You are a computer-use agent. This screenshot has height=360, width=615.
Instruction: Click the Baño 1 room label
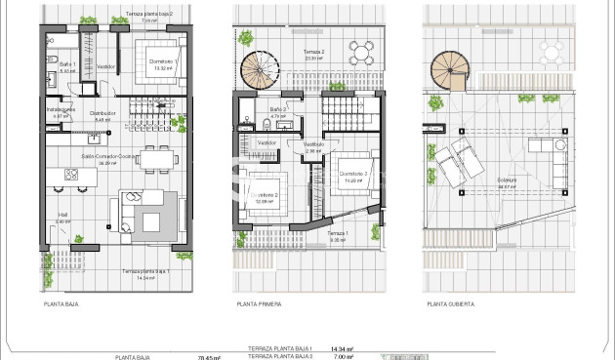(x=67, y=63)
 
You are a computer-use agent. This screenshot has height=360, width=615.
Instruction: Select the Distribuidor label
(x=103, y=113)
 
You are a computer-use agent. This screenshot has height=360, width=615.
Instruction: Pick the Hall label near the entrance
(x=62, y=216)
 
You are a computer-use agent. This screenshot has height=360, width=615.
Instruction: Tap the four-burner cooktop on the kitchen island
(x=71, y=174)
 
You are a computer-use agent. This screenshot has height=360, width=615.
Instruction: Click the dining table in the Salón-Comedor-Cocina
(x=154, y=157)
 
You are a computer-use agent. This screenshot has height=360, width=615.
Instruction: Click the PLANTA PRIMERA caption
(x=259, y=304)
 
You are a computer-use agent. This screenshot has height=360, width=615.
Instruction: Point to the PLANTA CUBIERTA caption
(x=451, y=304)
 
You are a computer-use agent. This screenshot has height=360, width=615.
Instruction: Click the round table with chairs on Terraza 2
(x=362, y=53)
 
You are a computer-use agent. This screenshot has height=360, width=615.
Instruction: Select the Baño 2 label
(x=277, y=109)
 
